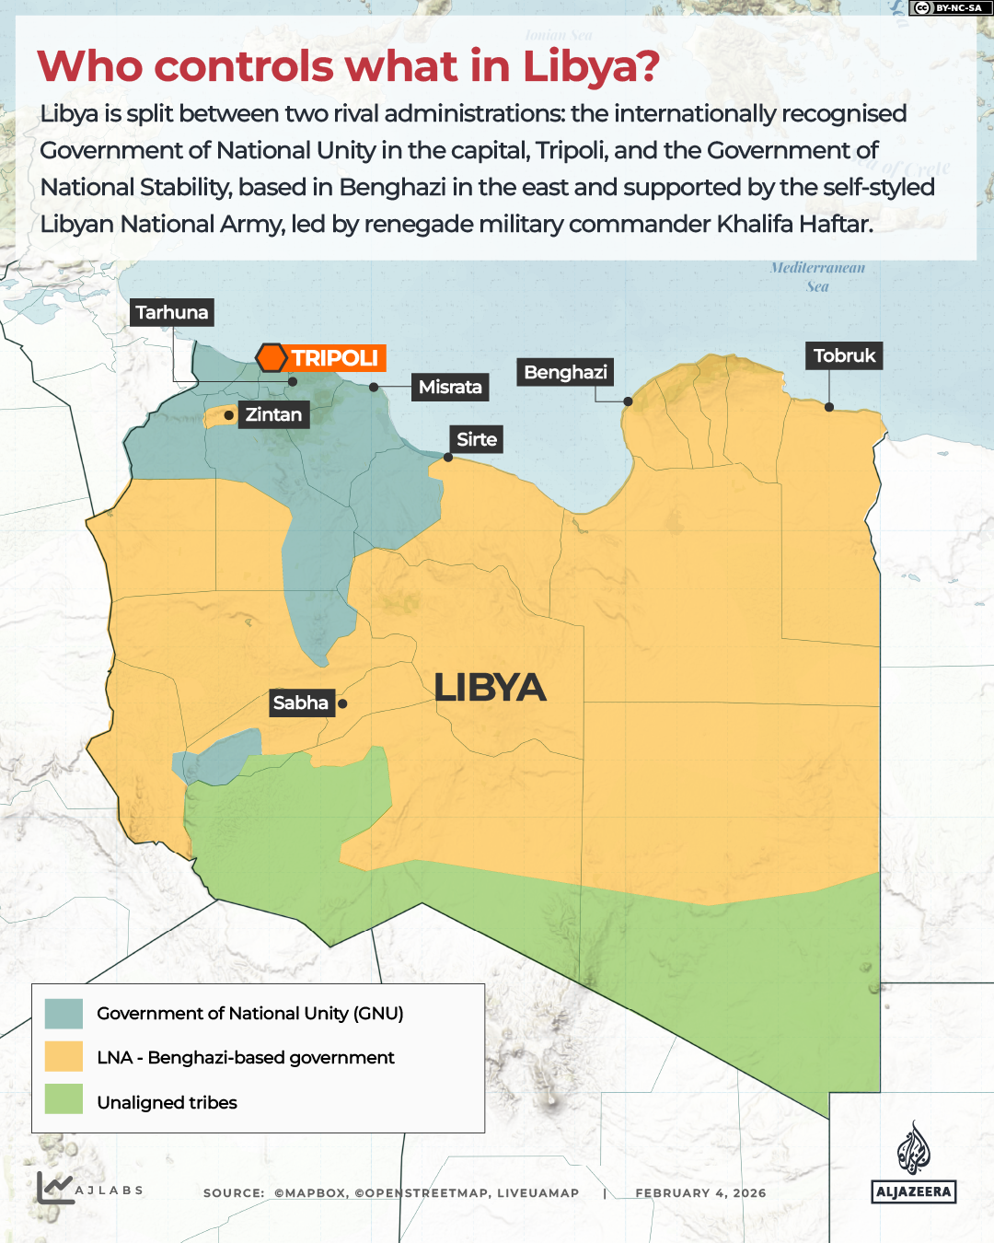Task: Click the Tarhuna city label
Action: coord(172,313)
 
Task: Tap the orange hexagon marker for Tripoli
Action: coord(272,357)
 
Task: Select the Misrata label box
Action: coord(450,388)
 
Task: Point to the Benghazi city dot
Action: coord(628,401)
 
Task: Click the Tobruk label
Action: coord(844,356)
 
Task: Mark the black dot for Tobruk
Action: coord(829,407)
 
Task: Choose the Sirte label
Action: coord(477,440)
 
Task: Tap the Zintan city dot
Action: coord(229,415)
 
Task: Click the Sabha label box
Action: coord(301,703)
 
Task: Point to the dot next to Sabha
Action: coord(342,703)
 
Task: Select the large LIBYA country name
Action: coord(490,688)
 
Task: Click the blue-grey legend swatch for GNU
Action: coord(64,1014)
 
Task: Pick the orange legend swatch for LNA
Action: coord(64,1057)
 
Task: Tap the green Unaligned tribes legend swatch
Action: coord(64,1100)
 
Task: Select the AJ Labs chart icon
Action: coord(54,1188)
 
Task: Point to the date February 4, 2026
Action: coord(700,1193)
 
